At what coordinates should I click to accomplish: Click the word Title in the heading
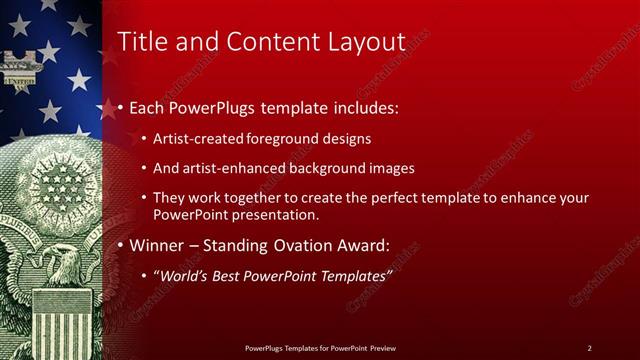[x=141, y=41]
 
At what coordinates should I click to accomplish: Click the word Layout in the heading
[x=367, y=41]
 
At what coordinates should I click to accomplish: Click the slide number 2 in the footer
[x=589, y=347]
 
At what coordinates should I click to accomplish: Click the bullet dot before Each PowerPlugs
[x=121, y=107]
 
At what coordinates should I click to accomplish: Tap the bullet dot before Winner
[x=121, y=245]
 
